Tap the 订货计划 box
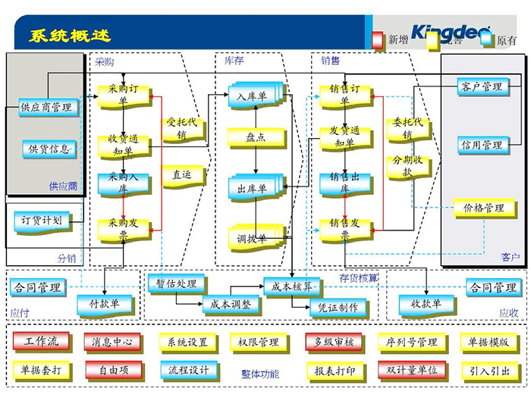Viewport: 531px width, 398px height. (42, 221)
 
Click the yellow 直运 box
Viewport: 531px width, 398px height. (181, 174)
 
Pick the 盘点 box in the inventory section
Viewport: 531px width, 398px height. (255, 138)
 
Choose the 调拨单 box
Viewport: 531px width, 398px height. (252, 240)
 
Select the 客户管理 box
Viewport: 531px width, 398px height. (481, 87)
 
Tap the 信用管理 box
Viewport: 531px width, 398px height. (481, 145)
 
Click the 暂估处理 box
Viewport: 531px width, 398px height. (176, 284)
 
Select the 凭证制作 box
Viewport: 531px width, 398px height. (338, 307)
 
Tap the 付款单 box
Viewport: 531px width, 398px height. (104, 304)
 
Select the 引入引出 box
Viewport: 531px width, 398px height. (489, 371)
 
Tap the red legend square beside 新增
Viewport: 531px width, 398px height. (379, 39)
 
